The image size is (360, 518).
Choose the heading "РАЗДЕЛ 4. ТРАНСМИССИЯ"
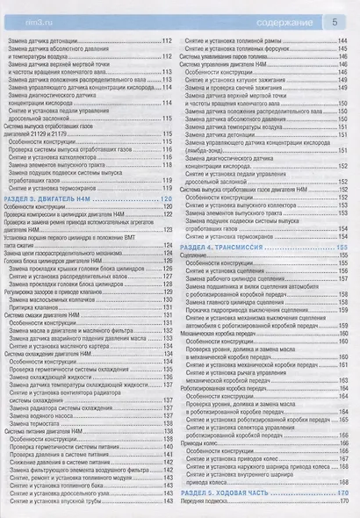(x=229, y=248)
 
